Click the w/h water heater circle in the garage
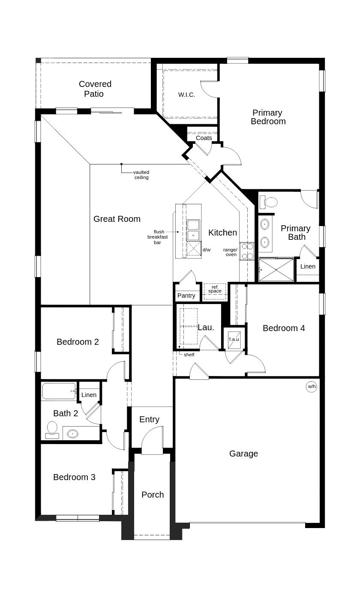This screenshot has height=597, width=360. [x=312, y=387]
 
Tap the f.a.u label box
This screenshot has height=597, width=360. [x=234, y=339]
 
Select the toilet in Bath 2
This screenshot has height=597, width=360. [x=52, y=430]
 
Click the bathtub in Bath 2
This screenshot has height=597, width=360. [x=59, y=391]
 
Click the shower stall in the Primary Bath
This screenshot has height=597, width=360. [x=276, y=270]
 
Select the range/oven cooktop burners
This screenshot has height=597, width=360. [x=247, y=251]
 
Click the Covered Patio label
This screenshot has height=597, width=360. [x=95, y=89]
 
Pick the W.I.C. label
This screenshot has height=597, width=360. [x=186, y=95]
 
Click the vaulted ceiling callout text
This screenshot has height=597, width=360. [x=141, y=175]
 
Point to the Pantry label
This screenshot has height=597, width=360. [x=186, y=296]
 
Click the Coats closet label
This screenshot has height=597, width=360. [x=204, y=138]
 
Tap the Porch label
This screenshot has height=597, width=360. [x=153, y=495]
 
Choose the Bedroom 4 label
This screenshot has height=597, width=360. [x=284, y=328]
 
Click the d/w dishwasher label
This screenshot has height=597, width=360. [x=207, y=250]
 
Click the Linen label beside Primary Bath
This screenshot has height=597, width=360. [x=308, y=266]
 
